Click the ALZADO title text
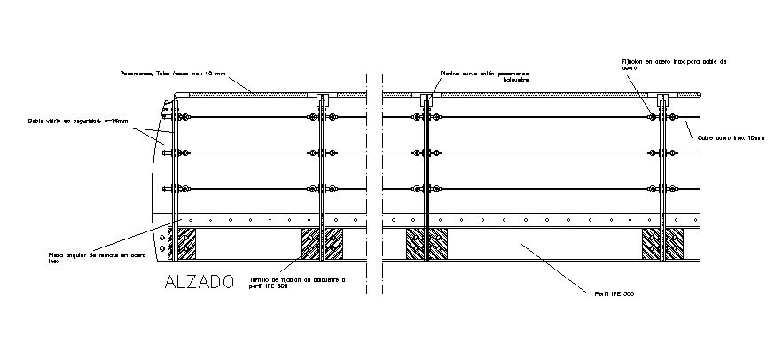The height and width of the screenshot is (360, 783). pyautogui.click(x=199, y=282)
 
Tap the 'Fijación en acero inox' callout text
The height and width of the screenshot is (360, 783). pyautogui.click(x=673, y=64)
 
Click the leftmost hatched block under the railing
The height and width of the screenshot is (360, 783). pyautogui.click(x=185, y=244)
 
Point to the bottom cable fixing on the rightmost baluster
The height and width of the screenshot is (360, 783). pyautogui.click(x=660, y=189)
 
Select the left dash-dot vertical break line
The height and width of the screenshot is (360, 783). pyautogui.click(x=365, y=177)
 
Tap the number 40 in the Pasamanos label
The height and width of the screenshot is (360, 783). pyautogui.click(x=208, y=73)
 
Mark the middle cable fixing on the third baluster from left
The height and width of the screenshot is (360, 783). pyautogui.click(x=425, y=153)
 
